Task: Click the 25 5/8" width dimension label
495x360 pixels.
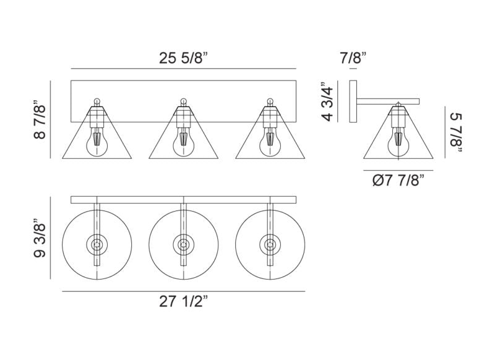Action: pos(183,58)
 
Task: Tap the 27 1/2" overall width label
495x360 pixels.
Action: pos(183,302)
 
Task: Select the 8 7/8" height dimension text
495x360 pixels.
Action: pos(40,120)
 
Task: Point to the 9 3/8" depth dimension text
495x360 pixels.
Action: pos(40,238)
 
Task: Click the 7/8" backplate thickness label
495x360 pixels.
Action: pos(353,58)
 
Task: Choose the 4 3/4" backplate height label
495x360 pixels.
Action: pos(327,101)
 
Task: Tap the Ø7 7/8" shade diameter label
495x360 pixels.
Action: pos(398,181)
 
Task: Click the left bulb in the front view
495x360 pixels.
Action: pos(97,142)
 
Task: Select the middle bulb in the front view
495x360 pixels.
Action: pos(183,142)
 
